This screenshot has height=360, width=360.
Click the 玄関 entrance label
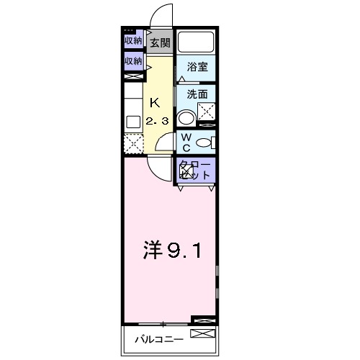coord(160,42)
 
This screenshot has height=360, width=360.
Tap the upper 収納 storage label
coord(133,40)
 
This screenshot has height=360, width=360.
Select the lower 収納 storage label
coord(133,61)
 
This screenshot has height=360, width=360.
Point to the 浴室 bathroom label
coord(197,67)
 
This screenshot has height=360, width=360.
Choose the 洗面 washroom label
coord(197,94)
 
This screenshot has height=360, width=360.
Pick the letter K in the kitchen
coord(154,102)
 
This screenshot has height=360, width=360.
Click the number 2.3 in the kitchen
coord(157,121)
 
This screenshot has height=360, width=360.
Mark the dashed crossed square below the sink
coord(134,143)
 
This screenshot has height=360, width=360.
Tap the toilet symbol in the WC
coord(204,142)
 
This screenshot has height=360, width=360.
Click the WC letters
coord(185,142)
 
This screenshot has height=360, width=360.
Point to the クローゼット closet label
coord(196,169)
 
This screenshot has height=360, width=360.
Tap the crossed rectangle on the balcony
coord(203,334)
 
